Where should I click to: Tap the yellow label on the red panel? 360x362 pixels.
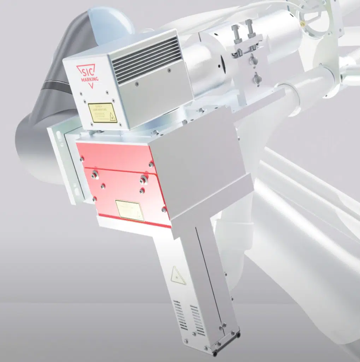[130, 210]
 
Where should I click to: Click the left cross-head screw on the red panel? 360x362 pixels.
[95, 174]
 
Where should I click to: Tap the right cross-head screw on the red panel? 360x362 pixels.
[144, 178]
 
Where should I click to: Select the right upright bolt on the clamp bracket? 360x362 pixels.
[250, 28]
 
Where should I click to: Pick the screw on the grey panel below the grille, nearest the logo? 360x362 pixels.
[137, 83]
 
